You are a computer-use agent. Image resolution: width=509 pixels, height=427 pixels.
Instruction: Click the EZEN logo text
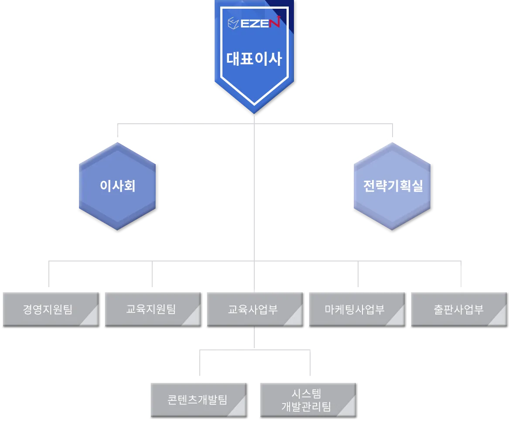click(260, 23)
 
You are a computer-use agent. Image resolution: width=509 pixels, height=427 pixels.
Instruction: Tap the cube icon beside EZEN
click(233, 23)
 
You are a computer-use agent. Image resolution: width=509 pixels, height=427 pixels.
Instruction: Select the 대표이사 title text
click(254, 59)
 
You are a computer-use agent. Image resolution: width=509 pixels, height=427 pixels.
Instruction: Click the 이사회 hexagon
click(117, 186)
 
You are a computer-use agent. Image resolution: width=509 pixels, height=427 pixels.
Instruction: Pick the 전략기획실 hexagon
click(392, 186)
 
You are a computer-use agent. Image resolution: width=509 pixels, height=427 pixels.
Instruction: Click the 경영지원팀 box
click(51, 309)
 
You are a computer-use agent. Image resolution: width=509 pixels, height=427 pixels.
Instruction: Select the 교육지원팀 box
click(153, 309)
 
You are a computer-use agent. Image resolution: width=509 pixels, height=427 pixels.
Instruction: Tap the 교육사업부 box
click(255, 309)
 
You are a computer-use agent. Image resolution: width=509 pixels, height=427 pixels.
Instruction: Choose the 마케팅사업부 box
click(357, 309)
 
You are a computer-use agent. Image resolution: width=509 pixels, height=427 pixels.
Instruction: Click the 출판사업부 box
click(459, 309)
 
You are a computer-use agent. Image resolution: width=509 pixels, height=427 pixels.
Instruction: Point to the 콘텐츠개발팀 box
click(198, 400)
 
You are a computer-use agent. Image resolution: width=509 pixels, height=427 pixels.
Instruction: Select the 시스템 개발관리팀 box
click(308, 400)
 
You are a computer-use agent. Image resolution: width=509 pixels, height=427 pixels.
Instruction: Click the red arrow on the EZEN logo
click(277, 21)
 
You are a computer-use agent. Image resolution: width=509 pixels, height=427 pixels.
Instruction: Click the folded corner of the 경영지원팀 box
click(91, 317)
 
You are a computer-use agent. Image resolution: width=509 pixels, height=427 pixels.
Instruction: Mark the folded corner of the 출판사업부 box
click(499, 317)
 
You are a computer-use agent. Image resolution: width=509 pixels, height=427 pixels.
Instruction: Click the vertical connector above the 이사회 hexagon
click(117, 130)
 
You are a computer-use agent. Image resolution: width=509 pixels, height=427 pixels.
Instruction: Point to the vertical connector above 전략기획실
click(393, 130)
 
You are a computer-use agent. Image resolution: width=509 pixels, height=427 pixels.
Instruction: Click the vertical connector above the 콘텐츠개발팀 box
click(200, 363)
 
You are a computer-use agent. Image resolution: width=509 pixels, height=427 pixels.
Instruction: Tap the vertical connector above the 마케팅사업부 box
click(358, 274)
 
